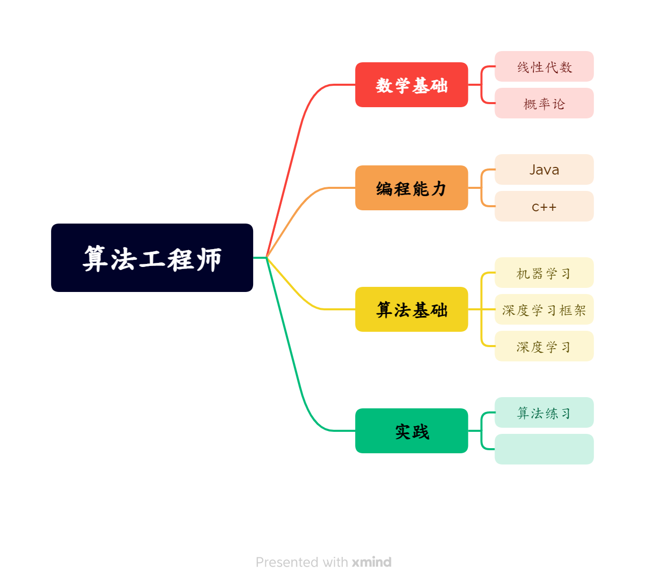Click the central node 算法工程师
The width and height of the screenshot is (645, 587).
point(152,258)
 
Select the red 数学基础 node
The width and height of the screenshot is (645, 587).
point(411,85)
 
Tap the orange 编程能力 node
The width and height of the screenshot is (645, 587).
point(411,188)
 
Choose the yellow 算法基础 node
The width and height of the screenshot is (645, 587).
point(411,309)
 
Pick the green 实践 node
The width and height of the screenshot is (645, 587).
point(411,431)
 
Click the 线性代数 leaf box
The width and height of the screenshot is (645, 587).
point(544,66)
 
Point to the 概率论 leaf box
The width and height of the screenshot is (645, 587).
point(544,103)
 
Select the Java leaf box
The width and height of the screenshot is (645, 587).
point(544,169)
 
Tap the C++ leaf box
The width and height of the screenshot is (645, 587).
point(544,206)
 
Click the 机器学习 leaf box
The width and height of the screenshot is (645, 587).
point(544,273)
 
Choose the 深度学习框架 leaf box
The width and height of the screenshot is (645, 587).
point(544,309)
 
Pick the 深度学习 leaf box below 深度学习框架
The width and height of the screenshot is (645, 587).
point(544,346)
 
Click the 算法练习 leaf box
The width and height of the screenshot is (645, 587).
point(544,412)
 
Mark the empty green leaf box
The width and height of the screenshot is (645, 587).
point(544,449)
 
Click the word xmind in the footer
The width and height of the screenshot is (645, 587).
point(371,562)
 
